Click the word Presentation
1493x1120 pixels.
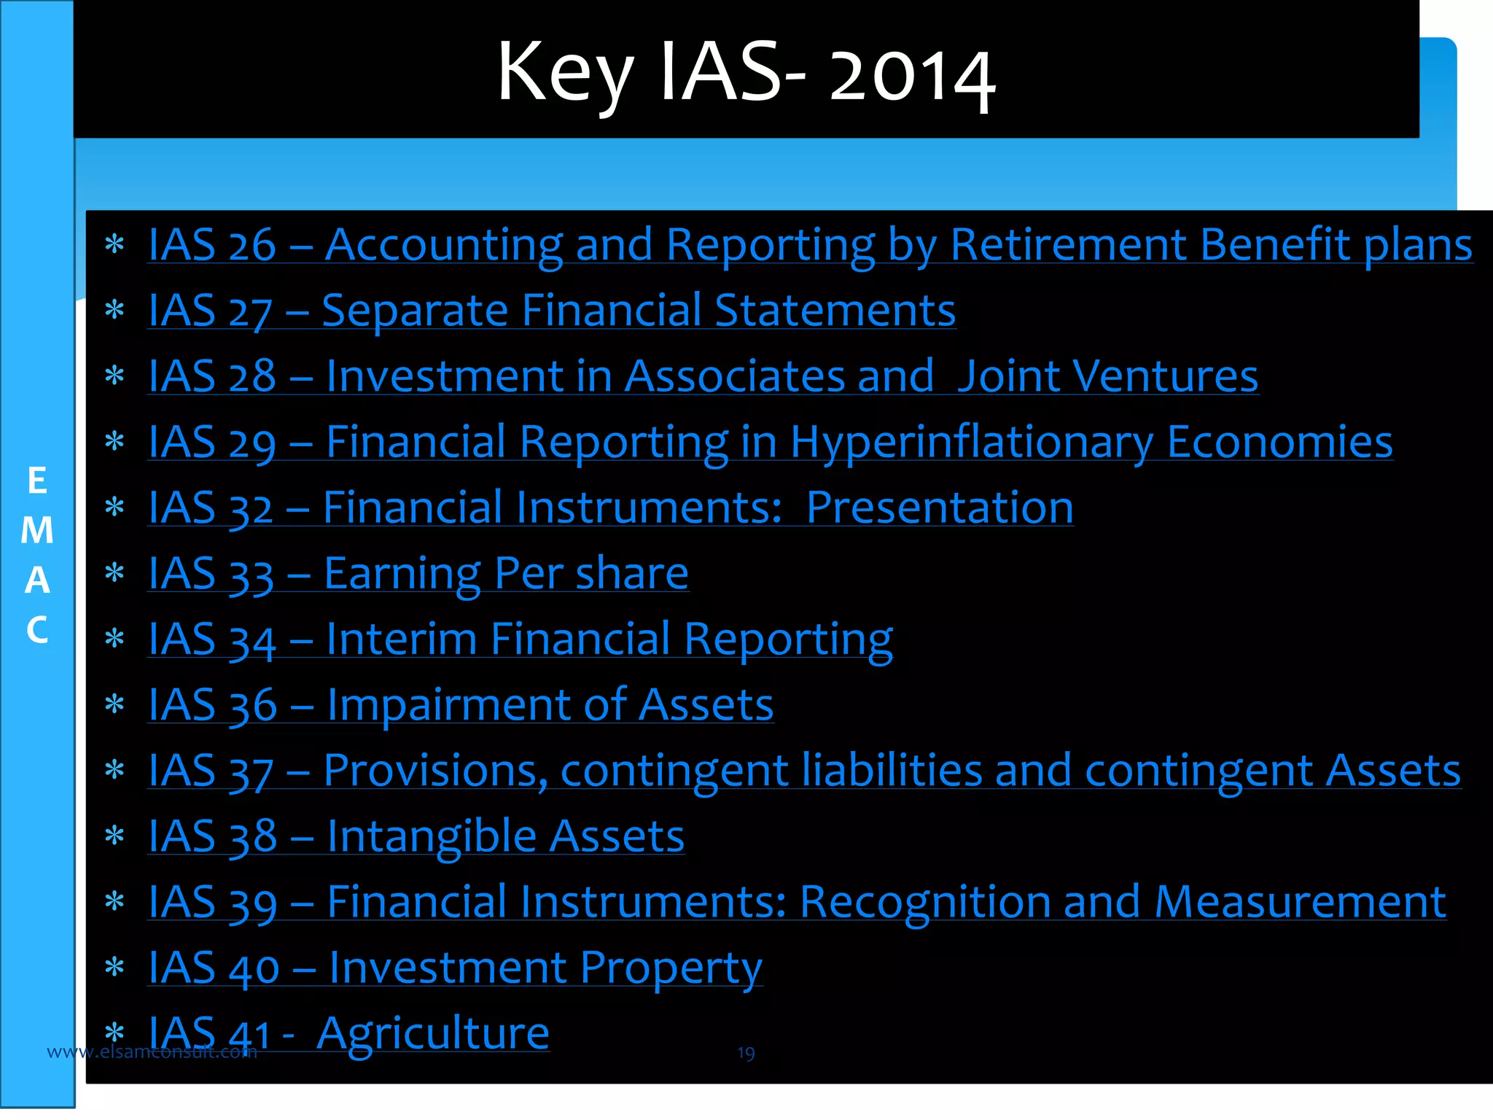pyautogui.click(x=940, y=507)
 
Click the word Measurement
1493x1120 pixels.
pyautogui.click(x=1300, y=902)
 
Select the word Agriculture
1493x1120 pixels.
pyautogui.click(x=432, y=1034)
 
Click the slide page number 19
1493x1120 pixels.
pyautogui.click(x=745, y=1053)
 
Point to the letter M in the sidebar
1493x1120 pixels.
pyautogui.click(x=37, y=530)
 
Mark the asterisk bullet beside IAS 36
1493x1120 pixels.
pyautogui.click(x=114, y=704)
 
